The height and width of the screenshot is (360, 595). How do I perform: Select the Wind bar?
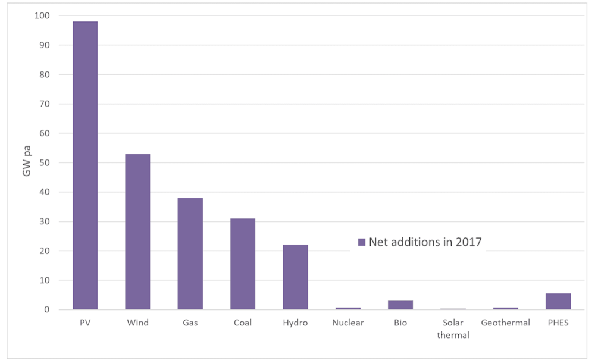click(x=137, y=231)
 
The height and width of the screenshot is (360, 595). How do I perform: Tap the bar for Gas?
click(x=190, y=253)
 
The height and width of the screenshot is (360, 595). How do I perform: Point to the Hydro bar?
click(x=295, y=277)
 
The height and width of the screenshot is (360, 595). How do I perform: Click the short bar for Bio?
click(x=400, y=305)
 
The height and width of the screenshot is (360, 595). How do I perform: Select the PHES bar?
click(x=558, y=302)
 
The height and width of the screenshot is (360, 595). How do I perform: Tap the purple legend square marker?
click(x=361, y=242)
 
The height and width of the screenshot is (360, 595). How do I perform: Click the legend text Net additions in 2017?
click(x=425, y=242)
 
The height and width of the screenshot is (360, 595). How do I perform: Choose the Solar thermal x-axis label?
click(x=453, y=328)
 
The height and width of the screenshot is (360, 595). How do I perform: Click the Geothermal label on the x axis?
click(x=505, y=323)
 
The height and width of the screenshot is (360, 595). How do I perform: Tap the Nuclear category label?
click(x=347, y=323)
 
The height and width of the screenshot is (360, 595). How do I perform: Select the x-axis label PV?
click(x=85, y=323)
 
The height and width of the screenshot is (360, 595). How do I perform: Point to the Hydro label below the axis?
click(x=295, y=323)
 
